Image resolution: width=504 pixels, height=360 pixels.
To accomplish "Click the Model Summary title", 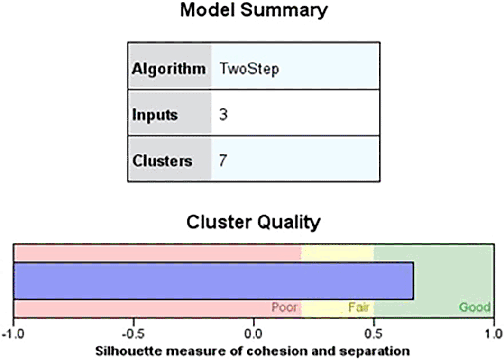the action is tap(254, 10).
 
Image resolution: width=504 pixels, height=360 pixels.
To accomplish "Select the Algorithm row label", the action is tap(169, 69).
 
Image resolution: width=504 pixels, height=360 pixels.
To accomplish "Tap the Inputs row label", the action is tap(155, 115).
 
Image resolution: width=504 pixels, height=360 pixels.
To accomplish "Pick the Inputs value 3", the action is tap(223, 115).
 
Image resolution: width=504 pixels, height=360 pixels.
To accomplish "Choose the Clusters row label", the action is tap(162, 161).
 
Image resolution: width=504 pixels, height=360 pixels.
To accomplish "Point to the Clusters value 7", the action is tap(223, 161).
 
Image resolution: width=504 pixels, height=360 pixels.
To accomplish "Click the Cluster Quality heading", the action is tap(254, 222).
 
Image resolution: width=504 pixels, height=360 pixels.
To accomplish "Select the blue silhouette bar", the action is tap(213, 281).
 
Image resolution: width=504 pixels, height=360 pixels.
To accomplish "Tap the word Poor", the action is tap(284, 307).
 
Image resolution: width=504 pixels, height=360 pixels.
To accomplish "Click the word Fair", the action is tap(359, 307).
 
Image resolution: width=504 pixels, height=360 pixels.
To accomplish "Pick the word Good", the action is tap(475, 307).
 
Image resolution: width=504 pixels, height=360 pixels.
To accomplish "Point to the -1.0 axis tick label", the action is tap(13, 334).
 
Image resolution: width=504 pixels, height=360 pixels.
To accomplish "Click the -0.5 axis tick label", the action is tap(134, 334).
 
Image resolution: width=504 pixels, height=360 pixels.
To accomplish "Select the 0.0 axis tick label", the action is tap(254, 334).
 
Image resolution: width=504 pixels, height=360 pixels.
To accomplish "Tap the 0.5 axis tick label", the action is tap(374, 334).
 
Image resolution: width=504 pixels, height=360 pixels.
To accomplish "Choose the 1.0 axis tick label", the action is tap(494, 334).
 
